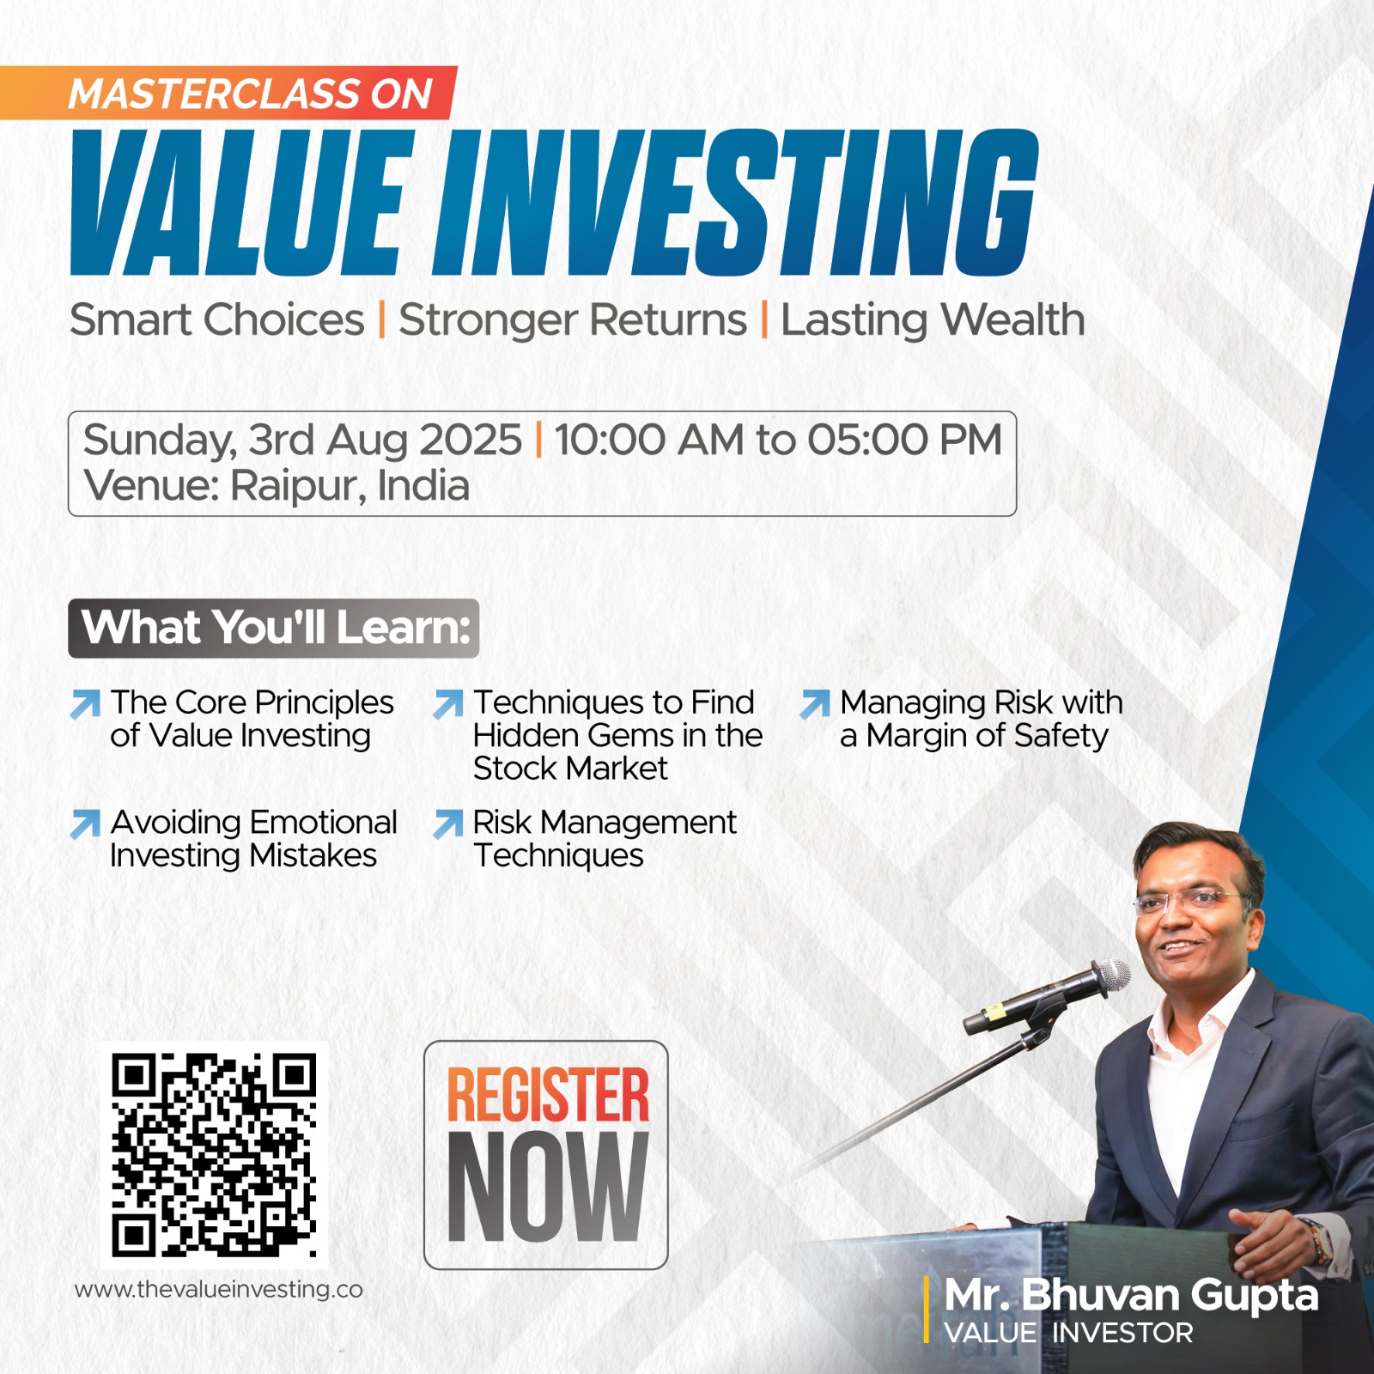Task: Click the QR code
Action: tap(214, 1156)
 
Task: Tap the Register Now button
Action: tap(546, 1155)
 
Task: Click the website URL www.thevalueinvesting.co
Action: tap(219, 1290)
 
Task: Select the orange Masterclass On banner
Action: tap(228, 93)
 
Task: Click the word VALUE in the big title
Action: tap(237, 203)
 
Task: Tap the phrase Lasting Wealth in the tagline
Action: tap(933, 320)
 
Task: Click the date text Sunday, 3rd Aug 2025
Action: tap(302, 441)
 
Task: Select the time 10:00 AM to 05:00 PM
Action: tap(778, 440)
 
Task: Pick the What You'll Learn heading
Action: tap(274, 629)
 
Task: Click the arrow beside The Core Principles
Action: tap(85, 703)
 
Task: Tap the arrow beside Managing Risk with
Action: tap(815, 703)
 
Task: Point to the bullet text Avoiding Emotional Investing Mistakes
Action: tap(254, 839)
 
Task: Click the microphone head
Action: tap(1114, 976)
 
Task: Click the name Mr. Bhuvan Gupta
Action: tap(1131, 1296)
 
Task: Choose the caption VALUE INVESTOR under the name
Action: tap(1068, 1333)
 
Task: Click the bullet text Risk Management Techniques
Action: tap(605, 839)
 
